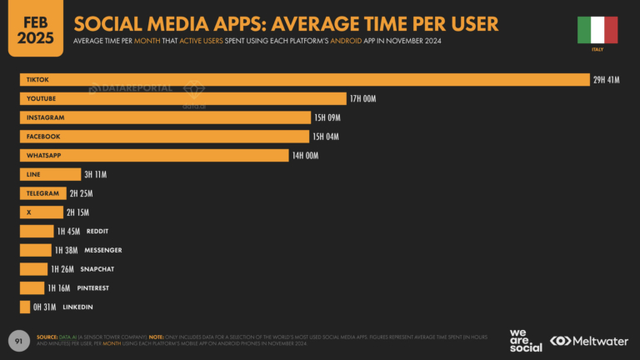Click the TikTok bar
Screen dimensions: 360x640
[304, 79]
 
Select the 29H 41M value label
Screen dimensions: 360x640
[607, 79]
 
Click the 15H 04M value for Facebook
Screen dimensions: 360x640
[325, 137]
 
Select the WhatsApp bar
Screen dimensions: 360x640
[153, 156]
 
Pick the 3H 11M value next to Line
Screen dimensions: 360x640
[94, 174]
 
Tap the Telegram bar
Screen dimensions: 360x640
[42, 193]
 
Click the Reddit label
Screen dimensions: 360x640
[97, 231]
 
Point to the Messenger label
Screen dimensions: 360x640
[103, 250]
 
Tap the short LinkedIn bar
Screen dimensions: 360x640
[25, 307]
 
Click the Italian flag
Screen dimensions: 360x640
[597, 29]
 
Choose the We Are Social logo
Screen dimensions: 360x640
[525, 340]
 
